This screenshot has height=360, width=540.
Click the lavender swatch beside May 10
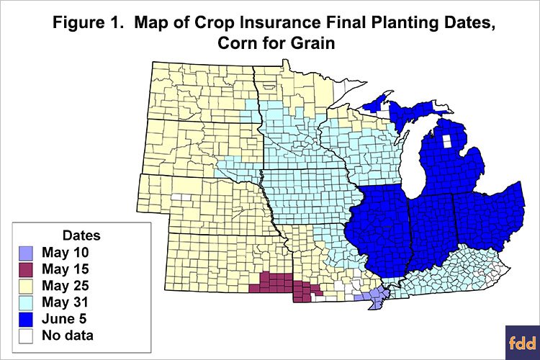pos(27,252)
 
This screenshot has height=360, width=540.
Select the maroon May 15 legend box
pos(27,269)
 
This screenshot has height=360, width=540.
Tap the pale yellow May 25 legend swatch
pos(27,285)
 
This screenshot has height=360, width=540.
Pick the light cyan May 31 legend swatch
pos(27,302)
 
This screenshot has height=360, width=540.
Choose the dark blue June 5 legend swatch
pos(27,318)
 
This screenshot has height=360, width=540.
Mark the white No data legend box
pos(27,335)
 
